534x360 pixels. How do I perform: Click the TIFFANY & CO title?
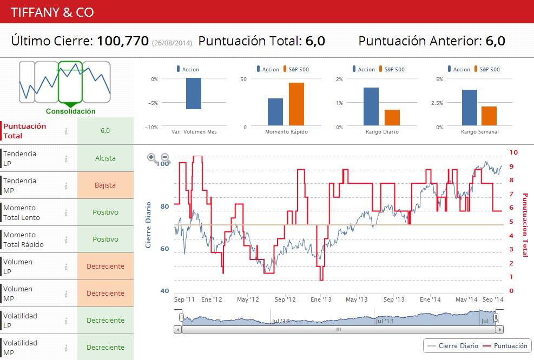[x=51, y=12]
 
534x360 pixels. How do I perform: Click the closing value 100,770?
[x=123, y=41]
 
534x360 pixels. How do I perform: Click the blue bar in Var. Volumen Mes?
[x=193, y=94]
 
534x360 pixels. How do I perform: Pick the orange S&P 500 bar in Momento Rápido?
[x=296, y=105]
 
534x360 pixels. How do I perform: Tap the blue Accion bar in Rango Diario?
[x=371, y=107]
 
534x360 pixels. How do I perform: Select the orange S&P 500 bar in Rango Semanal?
[x=489, y=116]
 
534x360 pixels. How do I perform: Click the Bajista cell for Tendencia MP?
[x=105, y=185]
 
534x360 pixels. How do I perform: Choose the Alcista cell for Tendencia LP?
[x=105, y=158]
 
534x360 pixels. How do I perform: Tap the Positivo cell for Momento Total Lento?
[x=105, y=212]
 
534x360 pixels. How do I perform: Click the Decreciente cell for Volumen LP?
[x=105, y=266]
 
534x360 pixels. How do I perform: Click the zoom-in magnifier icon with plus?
[x=152, y=158]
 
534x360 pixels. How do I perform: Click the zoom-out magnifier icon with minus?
[x=166, y=158]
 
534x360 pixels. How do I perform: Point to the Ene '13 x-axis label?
[x=321, y=299]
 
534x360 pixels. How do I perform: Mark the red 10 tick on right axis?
[x=514, y=153]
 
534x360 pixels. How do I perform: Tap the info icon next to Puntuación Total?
[x=66, y=131]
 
